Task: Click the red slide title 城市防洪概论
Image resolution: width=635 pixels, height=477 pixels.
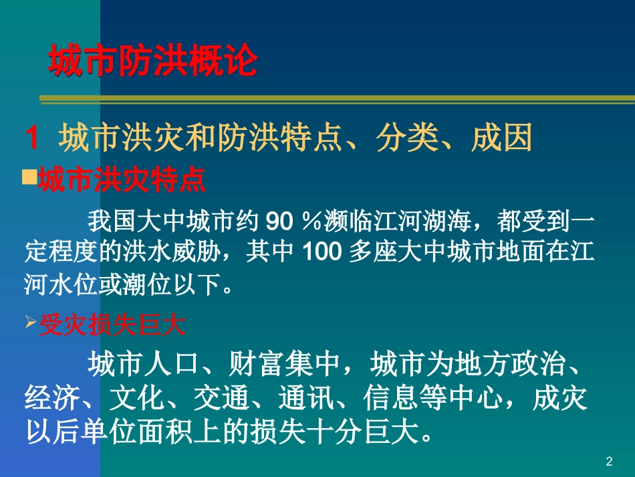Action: coord(153,62)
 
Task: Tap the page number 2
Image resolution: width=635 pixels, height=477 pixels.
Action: coord(608,461)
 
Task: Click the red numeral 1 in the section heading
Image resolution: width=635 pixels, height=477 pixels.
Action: coord(32,139)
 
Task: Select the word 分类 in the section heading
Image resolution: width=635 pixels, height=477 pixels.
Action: coord(397,139)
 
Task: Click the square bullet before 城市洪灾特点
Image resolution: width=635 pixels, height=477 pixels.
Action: coord(29,177)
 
